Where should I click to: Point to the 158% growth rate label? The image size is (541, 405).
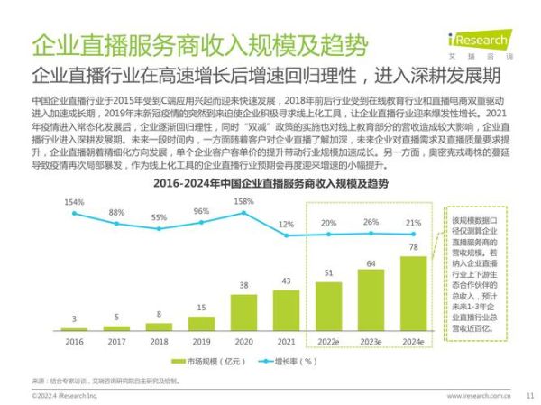point(243,201)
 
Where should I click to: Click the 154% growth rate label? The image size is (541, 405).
point(74,201)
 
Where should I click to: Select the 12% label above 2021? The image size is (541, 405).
point(286,224)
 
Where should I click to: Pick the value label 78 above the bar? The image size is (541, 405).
point(414,247)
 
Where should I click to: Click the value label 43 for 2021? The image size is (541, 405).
point(285,281)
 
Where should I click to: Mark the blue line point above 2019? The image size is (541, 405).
point(200,226)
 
